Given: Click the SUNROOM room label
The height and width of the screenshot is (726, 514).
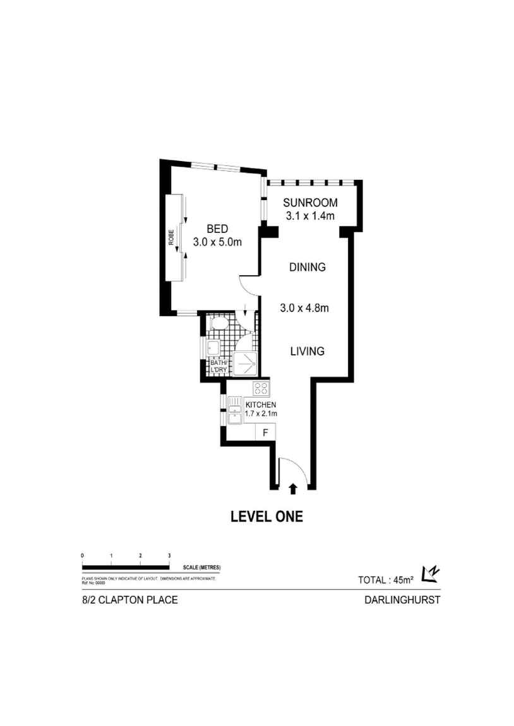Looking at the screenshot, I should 310,203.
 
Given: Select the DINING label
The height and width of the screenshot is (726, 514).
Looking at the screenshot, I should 307,267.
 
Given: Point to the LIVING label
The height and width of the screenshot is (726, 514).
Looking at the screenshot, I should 307,351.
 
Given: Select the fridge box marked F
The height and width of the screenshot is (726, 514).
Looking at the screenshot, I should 266,432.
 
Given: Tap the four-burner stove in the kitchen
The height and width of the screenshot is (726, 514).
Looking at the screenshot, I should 261,388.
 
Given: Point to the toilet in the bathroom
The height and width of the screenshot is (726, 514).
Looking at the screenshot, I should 218,324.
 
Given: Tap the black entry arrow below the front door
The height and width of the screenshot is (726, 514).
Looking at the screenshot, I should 293,487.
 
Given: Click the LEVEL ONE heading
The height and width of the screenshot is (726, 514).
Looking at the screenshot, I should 266,517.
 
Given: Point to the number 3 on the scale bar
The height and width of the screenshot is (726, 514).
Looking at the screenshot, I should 169,555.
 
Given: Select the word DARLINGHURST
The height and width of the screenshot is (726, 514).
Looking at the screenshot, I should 402,600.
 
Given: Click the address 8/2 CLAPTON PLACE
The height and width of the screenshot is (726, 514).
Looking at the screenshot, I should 126,600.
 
